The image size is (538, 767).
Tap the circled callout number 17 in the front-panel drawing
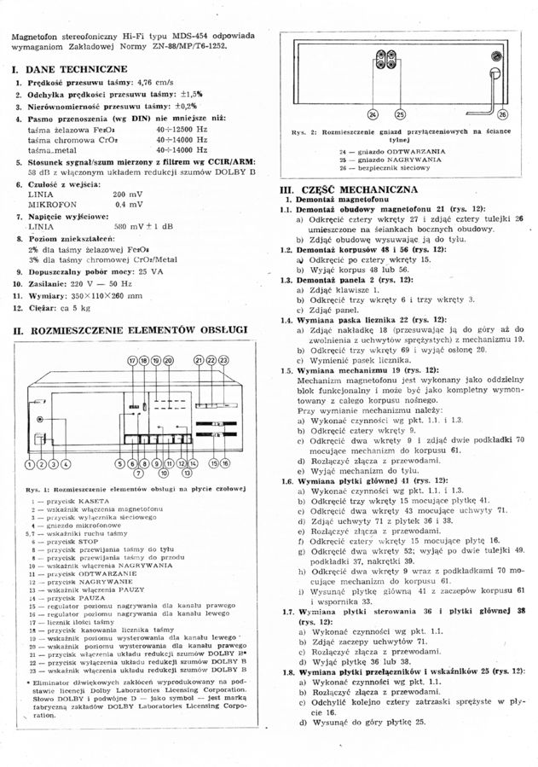pyautogui.click(x=132, y=362)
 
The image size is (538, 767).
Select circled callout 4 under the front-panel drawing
pyautogui.click(x=66, y=464)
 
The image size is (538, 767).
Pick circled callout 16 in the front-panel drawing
pyautogui.click(x=225, y=464)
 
